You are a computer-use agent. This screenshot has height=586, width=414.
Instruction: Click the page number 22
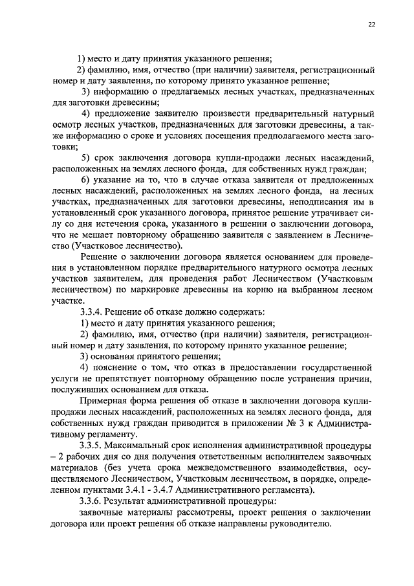(x=371, y=24)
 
